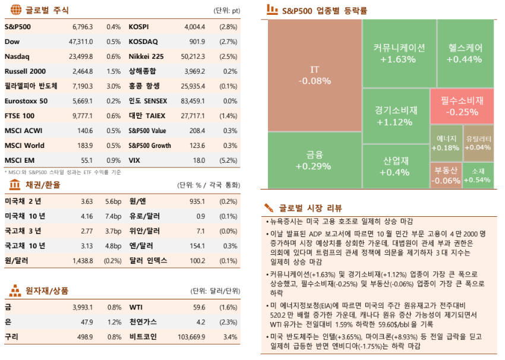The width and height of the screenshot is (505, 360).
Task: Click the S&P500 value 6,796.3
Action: click(83, 27)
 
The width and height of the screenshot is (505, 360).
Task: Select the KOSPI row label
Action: click(138, 27)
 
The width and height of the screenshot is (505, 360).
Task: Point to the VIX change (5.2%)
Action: click(228, 160)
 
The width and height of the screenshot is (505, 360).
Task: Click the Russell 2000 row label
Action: click(25, 71)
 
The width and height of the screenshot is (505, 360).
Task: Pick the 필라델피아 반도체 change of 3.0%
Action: click(113, 86)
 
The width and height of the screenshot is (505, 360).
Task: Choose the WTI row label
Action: click(136, 307)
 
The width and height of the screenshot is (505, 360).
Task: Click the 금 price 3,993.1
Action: click(83, 307)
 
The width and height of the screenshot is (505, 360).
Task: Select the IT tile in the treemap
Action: click(315, 75)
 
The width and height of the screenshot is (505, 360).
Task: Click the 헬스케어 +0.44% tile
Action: click(463, 53)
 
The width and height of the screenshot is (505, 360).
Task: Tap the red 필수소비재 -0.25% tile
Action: click(462, 106)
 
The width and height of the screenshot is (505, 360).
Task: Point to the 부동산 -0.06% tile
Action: click(446, 175)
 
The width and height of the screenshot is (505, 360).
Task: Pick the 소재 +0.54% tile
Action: click(478, 175)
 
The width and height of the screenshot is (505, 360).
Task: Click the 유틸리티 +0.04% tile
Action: click(478, 143)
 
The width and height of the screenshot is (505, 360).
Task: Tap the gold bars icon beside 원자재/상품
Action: click(14, 290)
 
